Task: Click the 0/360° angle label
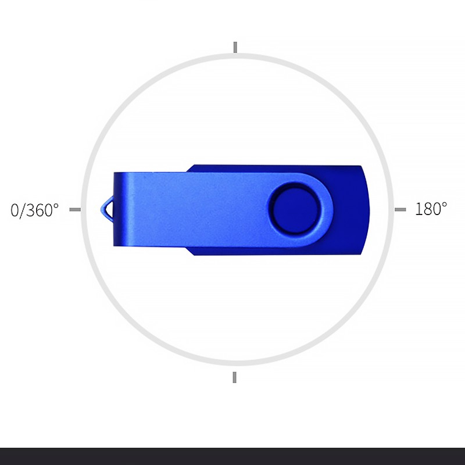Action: [34, 210]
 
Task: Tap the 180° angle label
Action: [431, 209]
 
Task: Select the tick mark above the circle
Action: [235, 48]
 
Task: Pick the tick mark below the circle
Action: [235, 377]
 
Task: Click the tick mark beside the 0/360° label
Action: [75, 210]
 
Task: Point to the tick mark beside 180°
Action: [400, 210]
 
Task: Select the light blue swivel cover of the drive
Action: [223, 209]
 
